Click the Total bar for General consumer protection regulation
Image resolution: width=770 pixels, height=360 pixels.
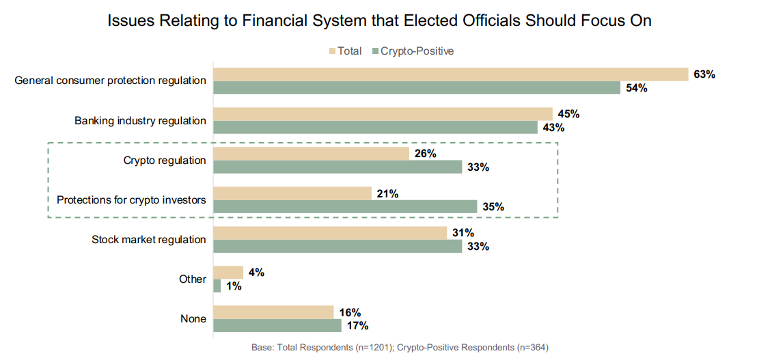click(x=450, y=74)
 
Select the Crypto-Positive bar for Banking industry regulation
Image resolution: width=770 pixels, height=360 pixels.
click(x=375, y=127)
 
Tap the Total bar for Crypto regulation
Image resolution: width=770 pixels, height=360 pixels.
click(x=311, y=154)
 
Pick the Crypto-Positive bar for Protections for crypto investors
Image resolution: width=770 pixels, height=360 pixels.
click(x=345, y=206)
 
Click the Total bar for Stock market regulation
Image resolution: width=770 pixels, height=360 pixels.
click(x=330, y=233)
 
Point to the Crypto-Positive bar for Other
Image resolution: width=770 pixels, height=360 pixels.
click(x=217, y=286)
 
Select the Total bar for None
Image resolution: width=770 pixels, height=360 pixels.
click(x=273, y=312)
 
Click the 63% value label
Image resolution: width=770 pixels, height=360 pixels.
click(x=704, y=74)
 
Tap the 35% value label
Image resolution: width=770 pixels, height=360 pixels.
click(x=493, y=206)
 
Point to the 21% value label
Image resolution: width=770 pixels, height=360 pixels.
click(x=387, y=193)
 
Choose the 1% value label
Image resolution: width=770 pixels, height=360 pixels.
click(x=234, y=286)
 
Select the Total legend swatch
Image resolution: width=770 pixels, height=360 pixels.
click(x=333, y=51)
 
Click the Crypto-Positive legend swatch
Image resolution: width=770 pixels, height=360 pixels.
click(x=375, y=51)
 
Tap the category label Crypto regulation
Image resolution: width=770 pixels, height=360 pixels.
click(x=165, y=161)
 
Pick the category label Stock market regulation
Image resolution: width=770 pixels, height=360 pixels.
click(x=149, y=240)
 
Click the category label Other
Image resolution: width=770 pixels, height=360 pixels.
click(x=193, y=279)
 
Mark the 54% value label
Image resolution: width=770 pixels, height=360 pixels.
click(x=636, y=87)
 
